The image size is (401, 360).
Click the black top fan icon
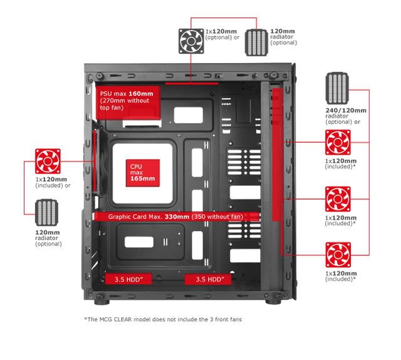pyautogui.click(x=191, y=41)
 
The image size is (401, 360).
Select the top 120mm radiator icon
pyautogui.click(x=256, y=43)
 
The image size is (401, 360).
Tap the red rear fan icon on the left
pyautogui.click(x=48, y=162)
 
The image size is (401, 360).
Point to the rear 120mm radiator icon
pyautogui.click(x=46, y=213)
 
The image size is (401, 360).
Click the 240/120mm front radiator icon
pyautogui.click(x=337, y=88)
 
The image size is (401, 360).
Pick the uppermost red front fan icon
pyautogui.click(x=338, y=142)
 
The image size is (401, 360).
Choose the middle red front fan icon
pyautogui.click(x=338, y=199)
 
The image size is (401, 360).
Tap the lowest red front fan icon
pyautogui.click(x=338, y=255)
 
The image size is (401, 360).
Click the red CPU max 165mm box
pyautogui.click(x=143, y=173)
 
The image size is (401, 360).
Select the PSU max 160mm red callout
pyautogui.click(x=128, y=103)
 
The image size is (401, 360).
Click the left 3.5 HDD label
pyautogui.click(x=128, y=279)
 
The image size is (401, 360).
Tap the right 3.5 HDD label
pyautogui.click(x=208, y=279)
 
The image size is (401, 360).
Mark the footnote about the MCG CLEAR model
pyautogui.click(x=163, y=319)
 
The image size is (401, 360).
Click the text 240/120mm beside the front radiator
pyautogui.click(x=346, y=110)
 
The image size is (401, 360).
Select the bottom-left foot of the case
pyautogui.click(x=102, y=302)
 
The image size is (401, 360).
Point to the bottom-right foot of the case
pyautogui.click(x=273, y=302)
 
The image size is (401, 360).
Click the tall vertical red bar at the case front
pyautogui.click(x=277, y=155)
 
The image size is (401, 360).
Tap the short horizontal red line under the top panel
pyautogui.click(x=192, y=83)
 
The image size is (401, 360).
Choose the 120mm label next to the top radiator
pyautogui.click(x=283, y=31)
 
